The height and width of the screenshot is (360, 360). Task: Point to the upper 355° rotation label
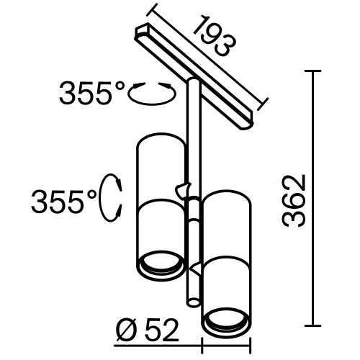coord(92,94)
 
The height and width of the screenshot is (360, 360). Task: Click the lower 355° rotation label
coord(63,199)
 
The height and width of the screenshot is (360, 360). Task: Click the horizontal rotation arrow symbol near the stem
coord(152,93)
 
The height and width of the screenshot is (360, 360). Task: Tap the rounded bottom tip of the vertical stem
coord(192,302)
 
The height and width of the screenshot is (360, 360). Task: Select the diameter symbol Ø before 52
coord(123,330)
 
